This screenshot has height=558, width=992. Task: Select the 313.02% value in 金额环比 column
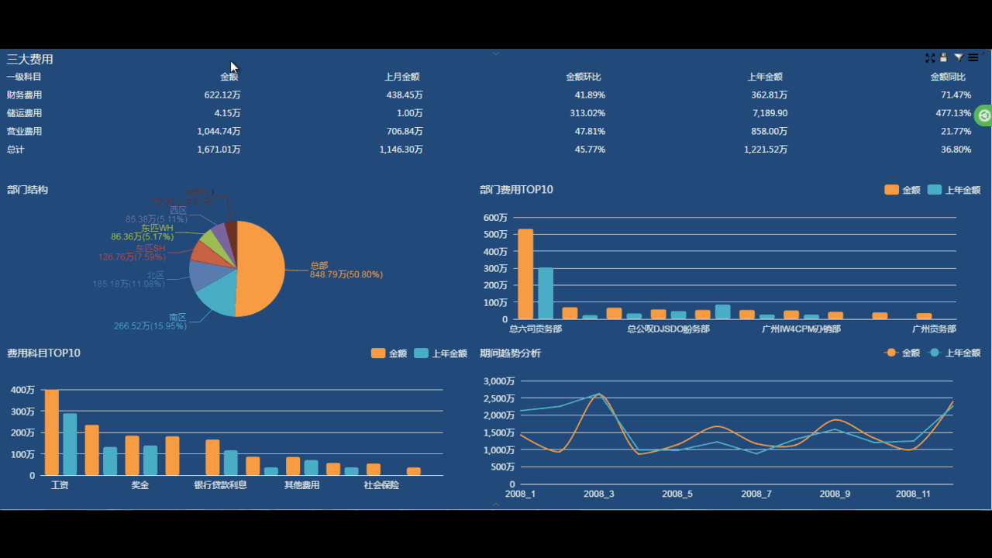[x=585, y=113]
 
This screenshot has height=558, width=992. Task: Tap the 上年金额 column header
[x=765, y=77]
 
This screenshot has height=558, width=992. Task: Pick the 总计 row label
[x=15, y=150]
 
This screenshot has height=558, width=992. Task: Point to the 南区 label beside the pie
[x=177, y=318]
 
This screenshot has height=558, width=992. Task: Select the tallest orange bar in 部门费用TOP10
[x=525, y=274]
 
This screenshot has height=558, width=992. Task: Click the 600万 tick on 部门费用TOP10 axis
[x=494, y=218]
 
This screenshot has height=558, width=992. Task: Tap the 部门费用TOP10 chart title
[x=516, y=190]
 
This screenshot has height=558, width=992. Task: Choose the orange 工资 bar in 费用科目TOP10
[x=52, y=432]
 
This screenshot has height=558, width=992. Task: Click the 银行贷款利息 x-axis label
[x=220, y=486]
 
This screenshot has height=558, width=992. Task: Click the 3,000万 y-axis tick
[x=498, y=381]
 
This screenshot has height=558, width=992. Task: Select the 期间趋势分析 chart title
[x=510, y=353]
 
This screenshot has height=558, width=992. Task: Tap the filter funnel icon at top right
[x=959, y=57]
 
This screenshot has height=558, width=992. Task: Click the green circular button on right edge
[x=984, y=115]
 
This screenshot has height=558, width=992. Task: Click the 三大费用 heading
[x=30, y=59]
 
